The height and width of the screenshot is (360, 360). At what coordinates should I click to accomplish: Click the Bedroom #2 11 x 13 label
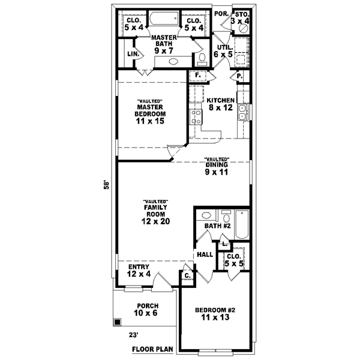point(215,314)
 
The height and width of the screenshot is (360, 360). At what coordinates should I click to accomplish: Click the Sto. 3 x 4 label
point(241,18)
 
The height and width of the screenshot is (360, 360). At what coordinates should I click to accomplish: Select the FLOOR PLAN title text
point(152,348)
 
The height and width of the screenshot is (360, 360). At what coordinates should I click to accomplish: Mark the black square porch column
point(117,322)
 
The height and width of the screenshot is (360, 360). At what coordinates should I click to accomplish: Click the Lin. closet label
point(133,54)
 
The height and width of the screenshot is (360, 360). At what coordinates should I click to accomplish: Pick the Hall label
point(205,254)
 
